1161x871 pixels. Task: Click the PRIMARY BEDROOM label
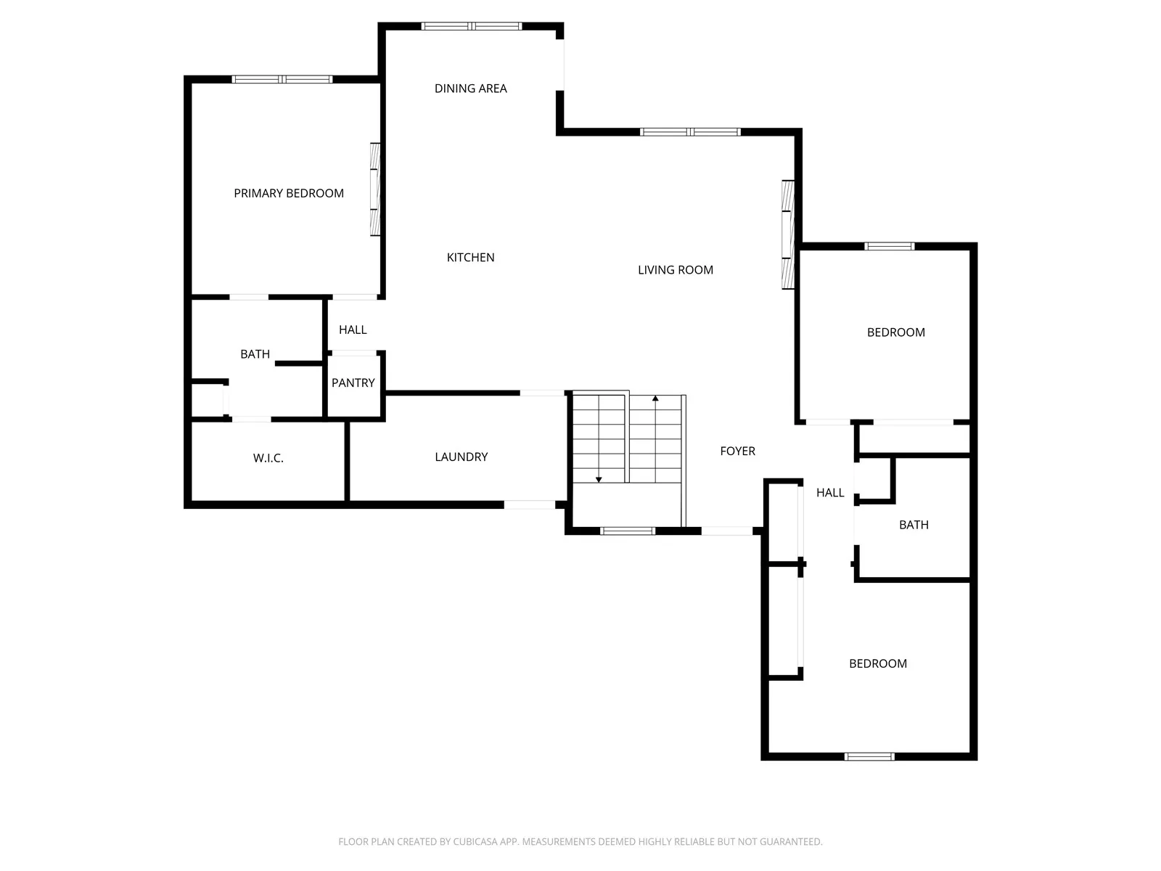(289, 194)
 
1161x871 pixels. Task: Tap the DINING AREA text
(471, 89)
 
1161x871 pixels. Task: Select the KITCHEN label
(471, 258)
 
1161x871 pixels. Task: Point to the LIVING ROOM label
(676, 270)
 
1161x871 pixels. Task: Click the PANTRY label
(353, 383)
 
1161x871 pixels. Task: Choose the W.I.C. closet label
(268, 459)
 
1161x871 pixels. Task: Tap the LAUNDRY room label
(461, 457)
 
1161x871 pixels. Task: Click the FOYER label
(738, 451)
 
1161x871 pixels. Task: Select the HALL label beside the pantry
(353, 330)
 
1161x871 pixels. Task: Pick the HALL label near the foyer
(830, 493)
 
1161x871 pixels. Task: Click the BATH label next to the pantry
(255, 354)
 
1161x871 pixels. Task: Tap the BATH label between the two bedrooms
(914, 525)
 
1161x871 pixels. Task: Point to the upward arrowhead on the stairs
(655, 398)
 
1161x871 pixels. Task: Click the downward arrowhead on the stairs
(599, 480)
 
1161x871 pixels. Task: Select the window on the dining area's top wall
(472, 26)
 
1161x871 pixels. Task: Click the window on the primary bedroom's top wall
(282, 79)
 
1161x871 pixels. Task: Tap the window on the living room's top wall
(690, 131)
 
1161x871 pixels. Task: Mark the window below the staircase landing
(628, 531)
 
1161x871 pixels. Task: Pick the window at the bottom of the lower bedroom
(869, 757)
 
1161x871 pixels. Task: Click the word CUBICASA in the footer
(475, 842)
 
